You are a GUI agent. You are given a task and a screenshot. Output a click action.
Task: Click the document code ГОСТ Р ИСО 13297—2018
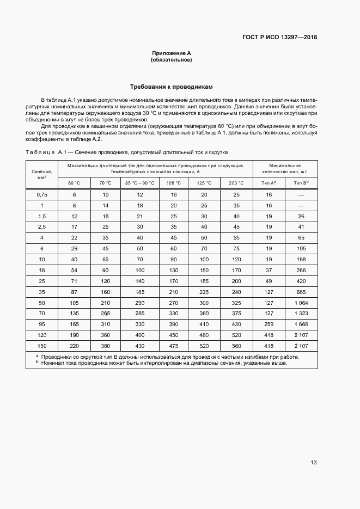(x=279, y=38)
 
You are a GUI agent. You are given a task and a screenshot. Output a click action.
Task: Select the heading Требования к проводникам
(x=171, y=87)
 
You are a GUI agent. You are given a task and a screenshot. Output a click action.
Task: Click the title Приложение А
(x=171, y=53)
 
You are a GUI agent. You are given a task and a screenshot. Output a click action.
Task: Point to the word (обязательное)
(x=171, y=59)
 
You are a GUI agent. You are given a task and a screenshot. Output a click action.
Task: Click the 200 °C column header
(x=236, y=183)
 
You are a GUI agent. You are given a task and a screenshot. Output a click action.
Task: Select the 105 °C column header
(x=174, y=183)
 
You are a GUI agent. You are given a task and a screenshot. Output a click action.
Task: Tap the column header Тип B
(x=301, y=183)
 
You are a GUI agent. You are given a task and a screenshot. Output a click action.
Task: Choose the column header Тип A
(x=269, y=183)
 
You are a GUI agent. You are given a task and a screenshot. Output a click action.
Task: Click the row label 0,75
(x=42, y=194)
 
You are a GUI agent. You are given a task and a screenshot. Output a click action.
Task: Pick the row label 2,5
(x=42, y=226)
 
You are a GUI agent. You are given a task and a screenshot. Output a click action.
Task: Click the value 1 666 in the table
(x=301, y=324)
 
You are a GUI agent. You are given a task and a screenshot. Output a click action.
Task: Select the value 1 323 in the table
(x=301, y=313)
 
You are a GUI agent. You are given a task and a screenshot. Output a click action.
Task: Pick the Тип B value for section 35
(x=301, y=291)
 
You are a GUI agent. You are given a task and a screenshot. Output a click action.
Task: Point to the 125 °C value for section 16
(x=204, y=269)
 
